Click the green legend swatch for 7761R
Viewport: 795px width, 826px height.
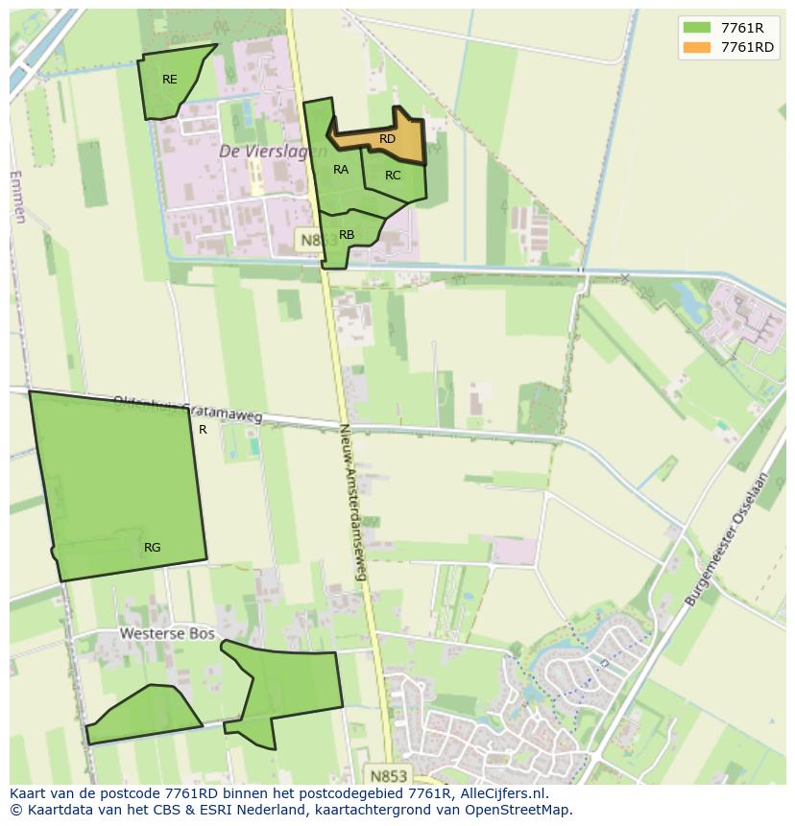pos(697,28)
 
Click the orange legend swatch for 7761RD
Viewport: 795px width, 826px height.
pos(697,47)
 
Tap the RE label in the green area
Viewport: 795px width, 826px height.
pos(170,80)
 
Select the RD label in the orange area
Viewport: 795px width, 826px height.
pos(387,139)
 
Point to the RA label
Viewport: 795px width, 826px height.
pos(341,170)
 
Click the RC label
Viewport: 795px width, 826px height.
pos(393,176)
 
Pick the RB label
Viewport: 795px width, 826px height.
pos(347,235)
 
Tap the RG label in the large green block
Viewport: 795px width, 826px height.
pos(152,548)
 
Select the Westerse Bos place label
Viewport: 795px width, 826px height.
pos(158,634)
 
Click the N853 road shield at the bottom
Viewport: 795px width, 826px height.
pos(388,773)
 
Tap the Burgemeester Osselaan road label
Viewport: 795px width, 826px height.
pos(729,539)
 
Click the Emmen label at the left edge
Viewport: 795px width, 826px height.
pos(17,197)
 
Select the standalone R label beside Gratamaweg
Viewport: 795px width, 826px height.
pos(203,430)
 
